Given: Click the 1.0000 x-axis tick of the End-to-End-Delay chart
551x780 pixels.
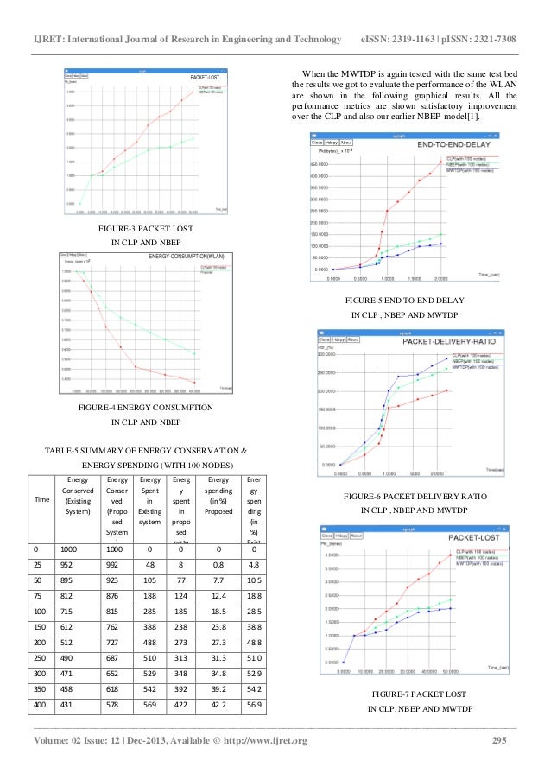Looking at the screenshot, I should coord(387,279).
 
